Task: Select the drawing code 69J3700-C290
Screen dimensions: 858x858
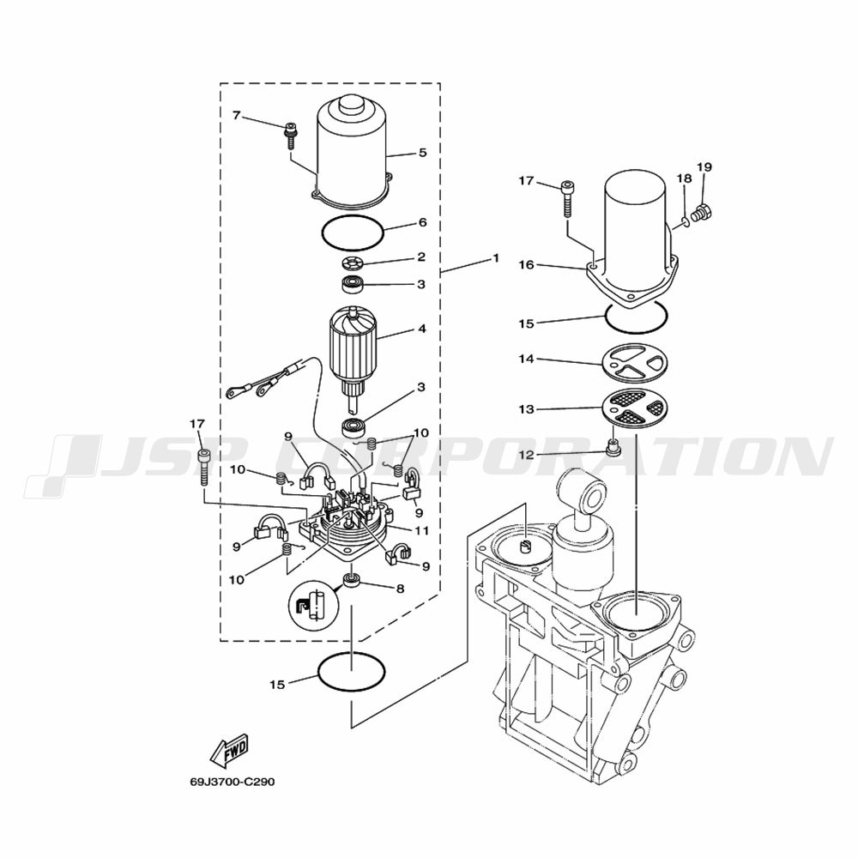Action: click(x=233, y=782)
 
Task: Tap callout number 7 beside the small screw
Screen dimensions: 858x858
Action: click(x=237, y=116)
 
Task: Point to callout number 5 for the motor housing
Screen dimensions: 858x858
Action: click(x=422, y=153)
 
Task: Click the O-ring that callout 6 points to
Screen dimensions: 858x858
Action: click(x=353, y=233)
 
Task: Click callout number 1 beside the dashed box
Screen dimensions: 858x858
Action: click(x=496, y=257)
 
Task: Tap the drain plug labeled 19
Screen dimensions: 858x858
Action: click(x=703, y=212)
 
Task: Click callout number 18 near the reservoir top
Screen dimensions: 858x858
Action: click(x=684, y=178)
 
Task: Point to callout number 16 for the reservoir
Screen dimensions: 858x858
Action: click(x=527, y=265)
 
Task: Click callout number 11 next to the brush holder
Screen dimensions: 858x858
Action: click(x=422, y=531)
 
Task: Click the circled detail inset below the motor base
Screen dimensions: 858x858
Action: click(x=313, y=604)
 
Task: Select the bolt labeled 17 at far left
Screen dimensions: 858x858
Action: click(x=205, y=466)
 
